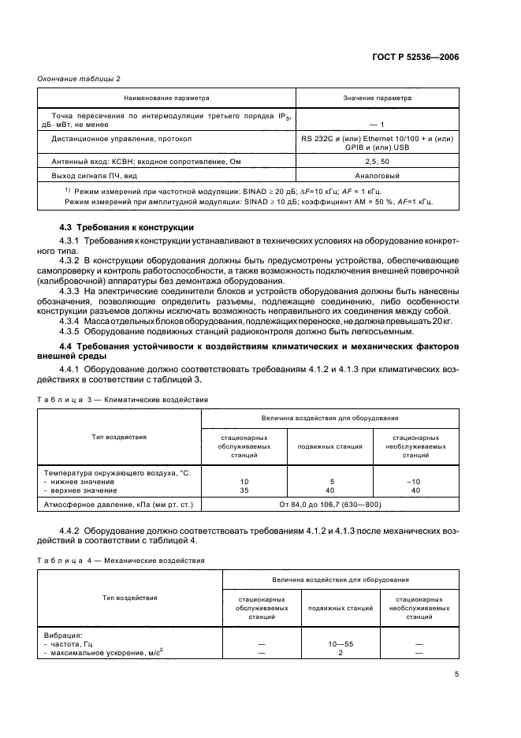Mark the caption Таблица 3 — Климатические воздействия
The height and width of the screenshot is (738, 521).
click(x=123, y=400)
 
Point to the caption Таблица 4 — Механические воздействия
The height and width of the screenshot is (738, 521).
click(x=122, y=561)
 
